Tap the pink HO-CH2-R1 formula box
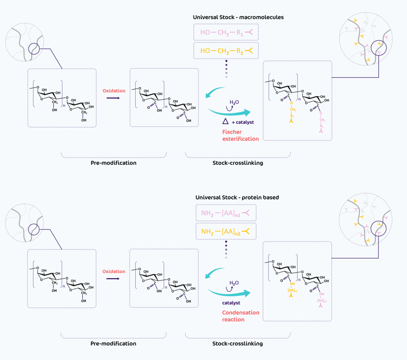tap(225, 33)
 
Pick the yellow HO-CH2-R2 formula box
tap(225, 51)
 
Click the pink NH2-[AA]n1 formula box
tap(225, 213)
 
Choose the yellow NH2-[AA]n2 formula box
tap(225, 232)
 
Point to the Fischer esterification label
tap(240, 135)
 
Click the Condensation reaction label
tap(241, 316)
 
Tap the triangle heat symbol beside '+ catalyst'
tap(225, 122)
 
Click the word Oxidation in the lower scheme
tap(114, 271)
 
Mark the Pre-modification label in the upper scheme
tap(114, 163)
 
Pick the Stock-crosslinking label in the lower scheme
tap(237, 343)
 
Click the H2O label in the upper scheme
tap(234, 103)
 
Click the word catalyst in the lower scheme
tap(231, 303)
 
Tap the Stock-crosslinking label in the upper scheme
tap(237, 163)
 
